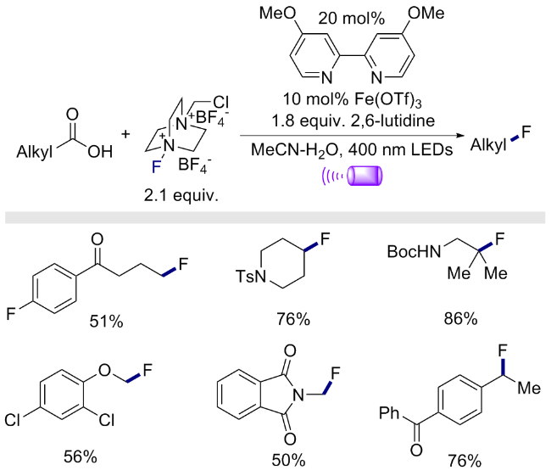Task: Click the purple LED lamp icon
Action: pos(365,175)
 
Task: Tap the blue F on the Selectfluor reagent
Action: pos(156,167)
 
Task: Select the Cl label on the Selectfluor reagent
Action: pos(220,102)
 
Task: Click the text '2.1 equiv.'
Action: pos(181,194)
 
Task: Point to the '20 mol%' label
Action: pos(352,19)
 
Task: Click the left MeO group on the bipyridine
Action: pos(277,13)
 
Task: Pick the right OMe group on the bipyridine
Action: pos(426,13)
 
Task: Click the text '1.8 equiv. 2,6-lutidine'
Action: pos(353,120)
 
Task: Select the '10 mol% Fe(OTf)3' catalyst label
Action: pos(353,100)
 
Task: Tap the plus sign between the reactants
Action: pos(125,134)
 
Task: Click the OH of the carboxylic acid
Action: pos(100,152)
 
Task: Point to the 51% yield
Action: pos(106,321)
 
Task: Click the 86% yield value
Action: pos(460,318)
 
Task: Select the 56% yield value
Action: pos(81,456)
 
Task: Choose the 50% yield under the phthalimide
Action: pos(288,460)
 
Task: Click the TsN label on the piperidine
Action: pos(251,276)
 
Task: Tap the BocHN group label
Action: pos(414,251)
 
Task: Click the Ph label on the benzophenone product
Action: pos(389,412)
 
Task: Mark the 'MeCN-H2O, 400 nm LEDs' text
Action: pos(352,150)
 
